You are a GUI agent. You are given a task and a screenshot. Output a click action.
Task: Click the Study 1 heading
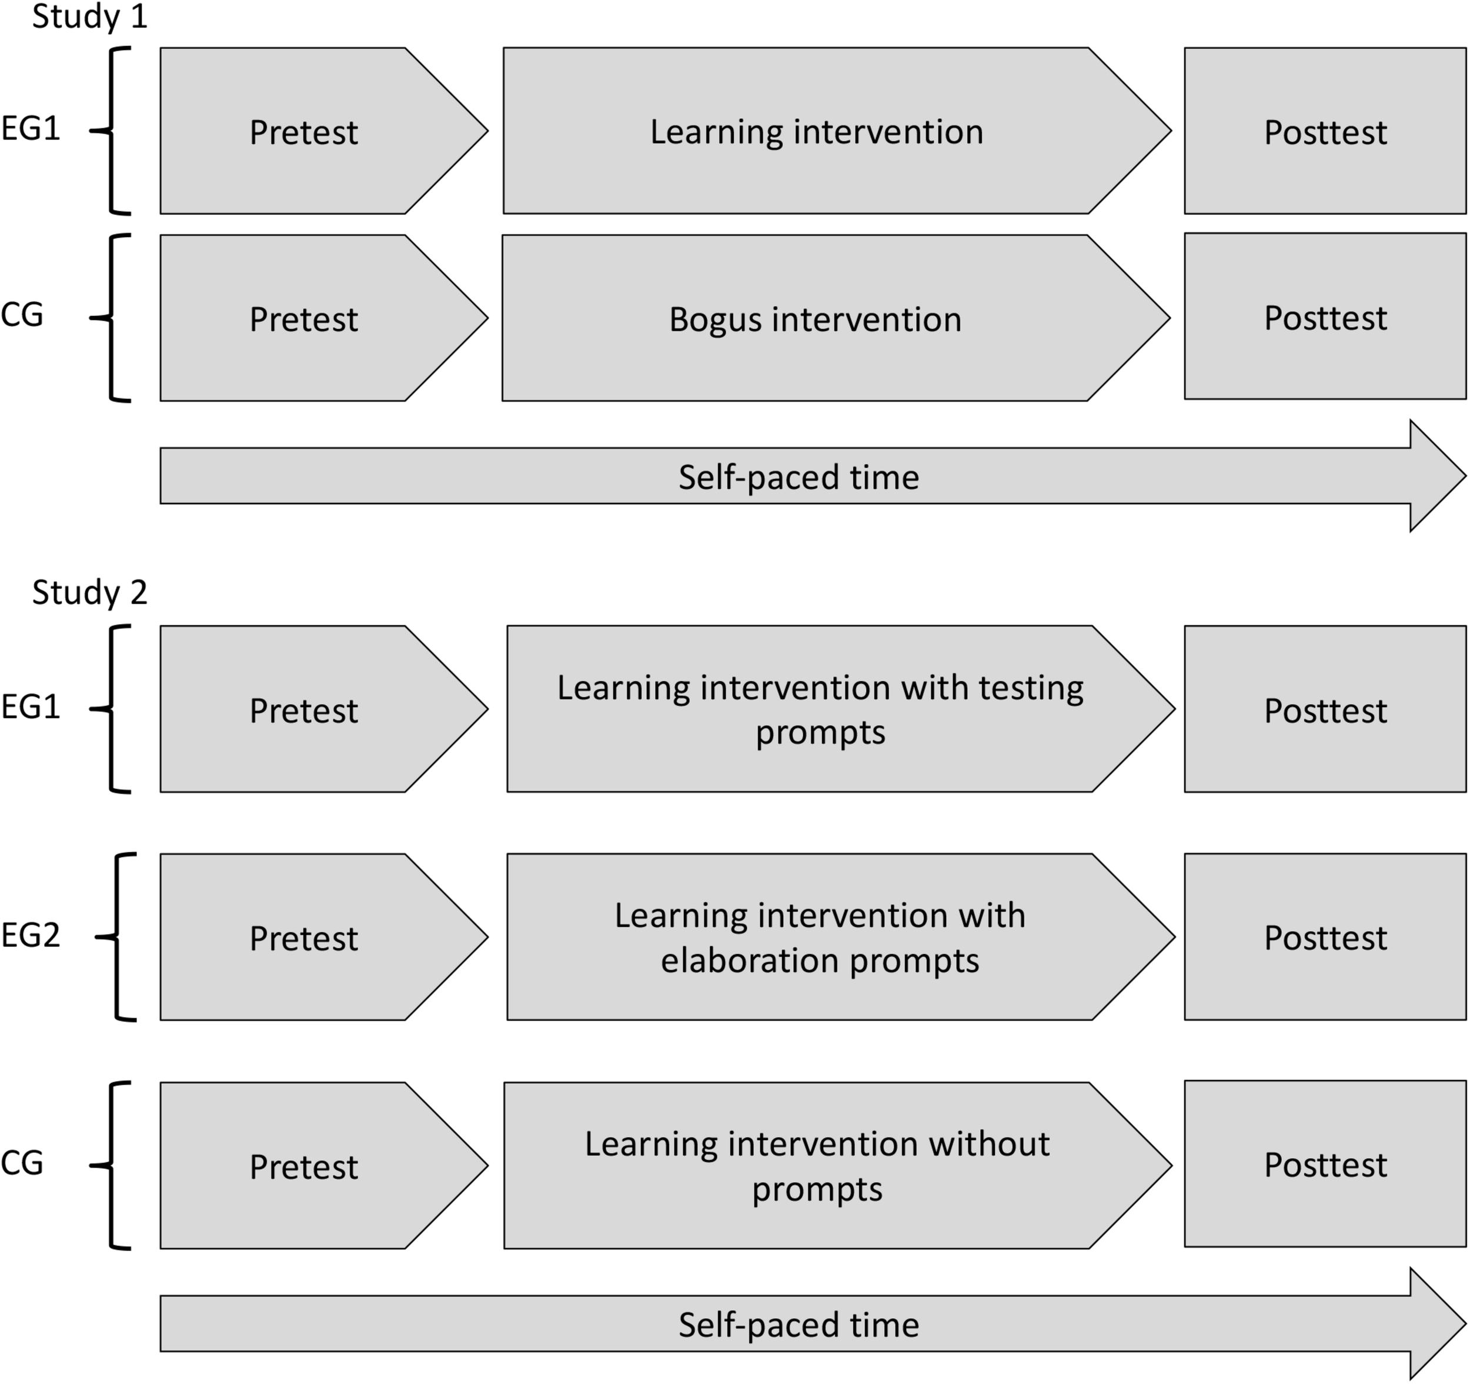tap(89, 16)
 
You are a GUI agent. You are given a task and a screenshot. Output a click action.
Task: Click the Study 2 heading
tap(89, 592)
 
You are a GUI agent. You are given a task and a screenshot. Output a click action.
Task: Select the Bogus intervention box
tap(815, 319)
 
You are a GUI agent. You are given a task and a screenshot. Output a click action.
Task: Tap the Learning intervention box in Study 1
tap(816, 132)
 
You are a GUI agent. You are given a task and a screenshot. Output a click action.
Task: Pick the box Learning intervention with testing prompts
tap(820, 709)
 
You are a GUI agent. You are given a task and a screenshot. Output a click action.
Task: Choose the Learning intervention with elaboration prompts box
tap(820, 937)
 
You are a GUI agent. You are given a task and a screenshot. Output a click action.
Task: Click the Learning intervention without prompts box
tap(817, 1166)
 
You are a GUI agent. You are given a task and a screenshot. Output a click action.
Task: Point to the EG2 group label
tap(31, 936)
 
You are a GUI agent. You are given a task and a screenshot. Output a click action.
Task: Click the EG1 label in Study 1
tap(31, 129)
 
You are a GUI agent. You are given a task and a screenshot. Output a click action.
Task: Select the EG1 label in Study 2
tap(31, 707)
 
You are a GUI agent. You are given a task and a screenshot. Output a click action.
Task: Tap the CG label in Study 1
tap(22, 316)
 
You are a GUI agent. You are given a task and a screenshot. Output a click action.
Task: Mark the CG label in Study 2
tap(22, 1163)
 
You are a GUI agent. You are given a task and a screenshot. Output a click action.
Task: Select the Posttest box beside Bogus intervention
tap(1325, 318)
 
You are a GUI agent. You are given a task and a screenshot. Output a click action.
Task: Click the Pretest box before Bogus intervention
tap(303, 319)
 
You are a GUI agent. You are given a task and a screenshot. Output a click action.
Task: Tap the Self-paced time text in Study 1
tap(799, 477)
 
